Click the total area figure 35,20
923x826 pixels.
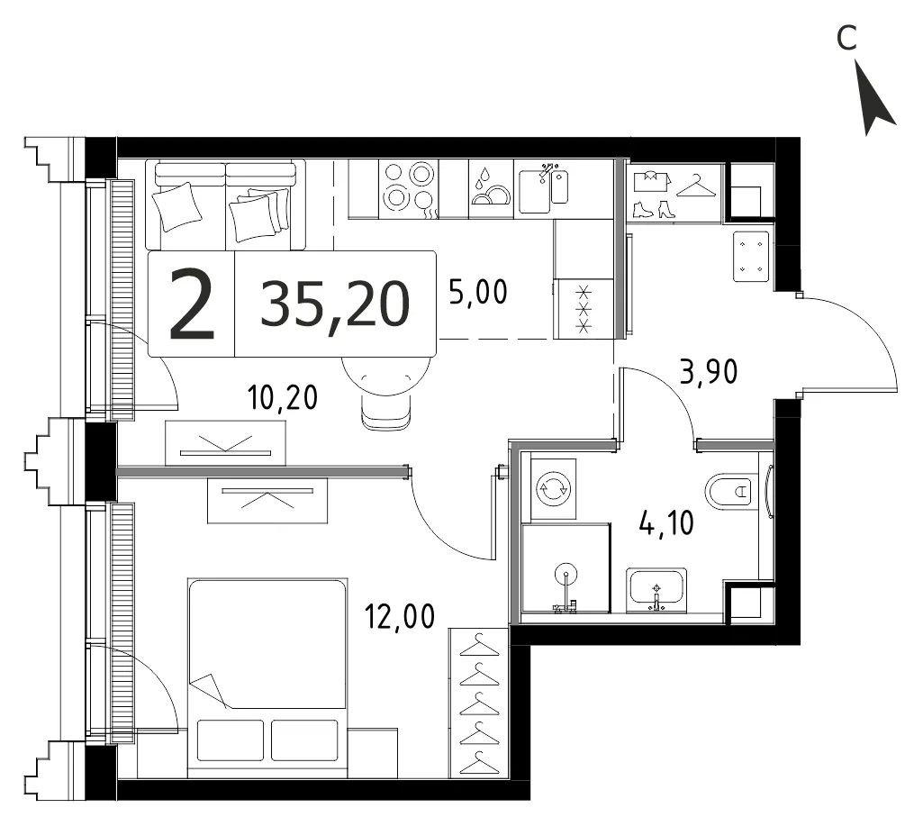[335, 304]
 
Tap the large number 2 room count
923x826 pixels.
[191, 304]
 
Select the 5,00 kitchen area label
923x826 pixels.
[478, 292]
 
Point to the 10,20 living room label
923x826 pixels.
[283, 397]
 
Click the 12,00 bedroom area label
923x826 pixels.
[401, 616]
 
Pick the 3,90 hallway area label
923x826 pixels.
[709, 372]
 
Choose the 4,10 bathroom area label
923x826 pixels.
[667, 522]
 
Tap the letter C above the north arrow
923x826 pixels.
[846, 38]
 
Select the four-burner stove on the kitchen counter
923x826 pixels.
[409, 189]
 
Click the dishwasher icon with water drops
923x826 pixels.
[491, 189]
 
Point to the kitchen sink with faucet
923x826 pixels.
[543, 188]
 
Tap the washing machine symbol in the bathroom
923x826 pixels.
[553, 488]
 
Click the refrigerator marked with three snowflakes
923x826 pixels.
[584, 309]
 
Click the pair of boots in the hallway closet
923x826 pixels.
[654, 210]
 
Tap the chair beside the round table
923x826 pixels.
[385, 411]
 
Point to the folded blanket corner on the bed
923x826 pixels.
[208, 689]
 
